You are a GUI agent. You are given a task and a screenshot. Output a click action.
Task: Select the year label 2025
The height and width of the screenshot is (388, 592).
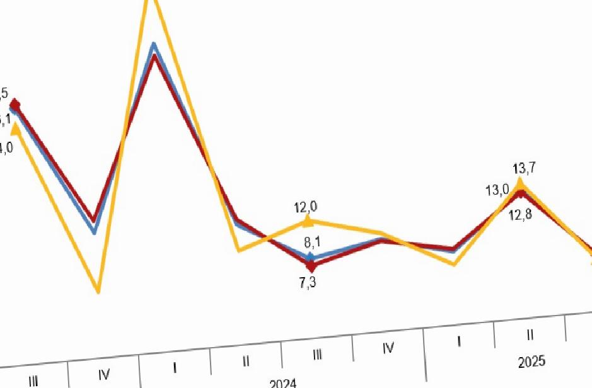click(532, 362)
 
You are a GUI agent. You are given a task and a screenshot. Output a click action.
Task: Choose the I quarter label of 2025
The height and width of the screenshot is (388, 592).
click(458, 341)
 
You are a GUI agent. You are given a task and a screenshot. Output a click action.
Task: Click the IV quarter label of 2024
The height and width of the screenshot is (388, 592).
click(388, 348)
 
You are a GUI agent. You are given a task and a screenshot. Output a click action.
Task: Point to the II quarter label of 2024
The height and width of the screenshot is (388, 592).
click(246, 362)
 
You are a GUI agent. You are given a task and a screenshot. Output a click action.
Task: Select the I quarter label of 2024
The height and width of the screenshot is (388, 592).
click(175, 368)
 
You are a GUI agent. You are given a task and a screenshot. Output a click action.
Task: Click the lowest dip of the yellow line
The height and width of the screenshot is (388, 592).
click(99, 292)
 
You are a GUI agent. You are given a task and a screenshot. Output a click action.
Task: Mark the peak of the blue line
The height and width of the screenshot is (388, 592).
click(153, 45)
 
